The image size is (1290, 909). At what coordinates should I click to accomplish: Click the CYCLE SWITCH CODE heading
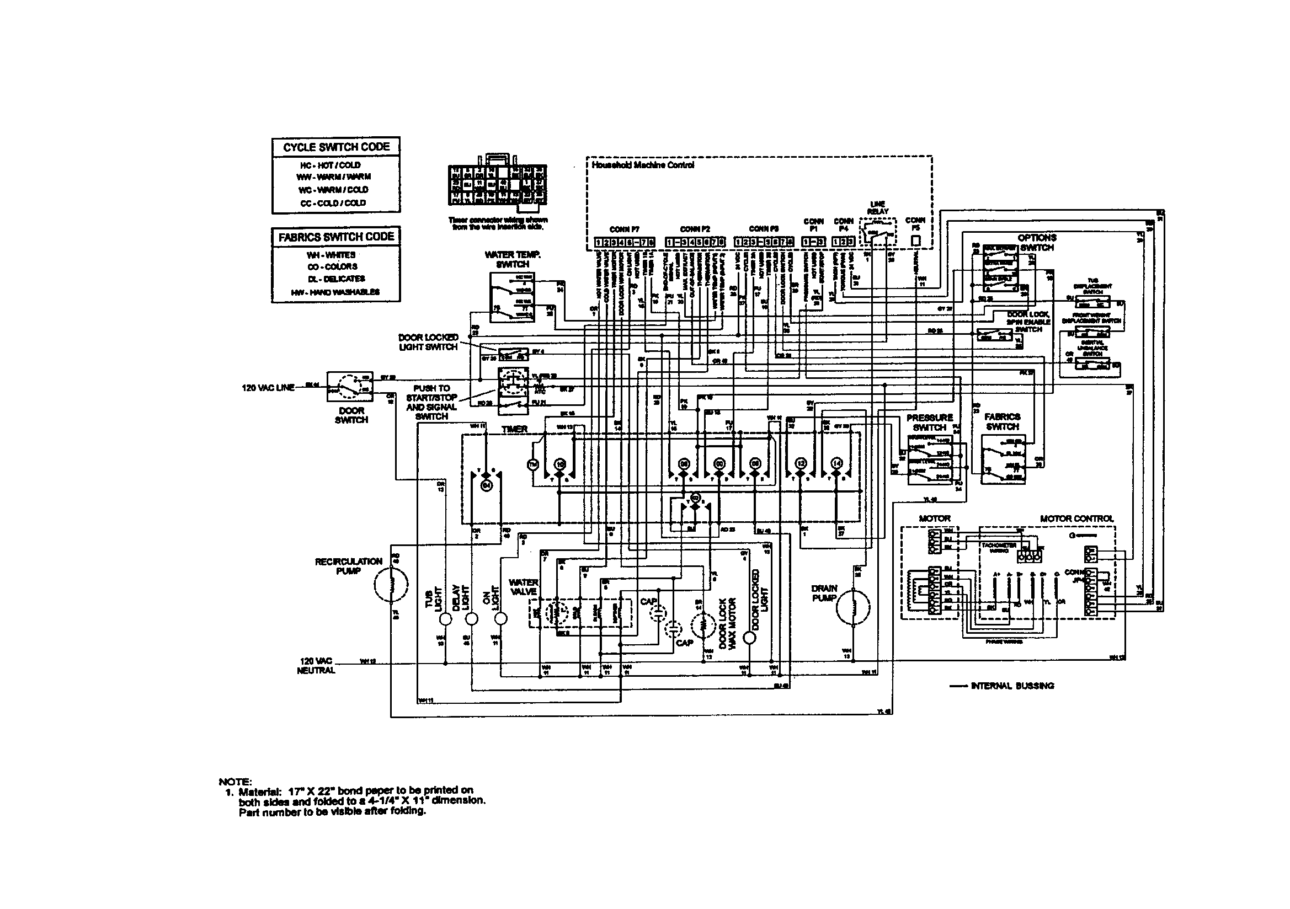tap(336, 147)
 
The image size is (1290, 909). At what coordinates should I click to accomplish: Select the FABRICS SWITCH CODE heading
tap(336, 237)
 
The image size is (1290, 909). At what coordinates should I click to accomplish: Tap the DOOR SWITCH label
tap(351, 415)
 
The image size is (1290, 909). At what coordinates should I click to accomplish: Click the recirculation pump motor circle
tap(392, 584)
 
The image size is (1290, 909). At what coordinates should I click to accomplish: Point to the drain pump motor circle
tap(853, 607)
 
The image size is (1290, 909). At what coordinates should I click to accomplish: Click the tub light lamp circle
tap(445, 619)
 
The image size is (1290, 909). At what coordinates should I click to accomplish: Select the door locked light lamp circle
tap(748, 638)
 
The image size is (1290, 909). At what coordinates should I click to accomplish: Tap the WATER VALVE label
tap(523, 587)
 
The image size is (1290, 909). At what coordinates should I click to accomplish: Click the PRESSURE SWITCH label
tap(930, 423)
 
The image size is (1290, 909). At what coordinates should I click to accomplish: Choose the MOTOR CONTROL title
tap(1076, 518)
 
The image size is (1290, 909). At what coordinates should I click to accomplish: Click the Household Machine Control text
tap(643, 165)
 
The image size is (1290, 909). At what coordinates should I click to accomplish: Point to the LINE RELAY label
tap(877, 207)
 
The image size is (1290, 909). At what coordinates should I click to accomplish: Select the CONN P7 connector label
tap(624, 229)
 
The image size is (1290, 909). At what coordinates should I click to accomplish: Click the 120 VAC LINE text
tap(268, 388)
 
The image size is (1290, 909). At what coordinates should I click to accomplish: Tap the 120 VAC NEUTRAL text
tap(316, 666)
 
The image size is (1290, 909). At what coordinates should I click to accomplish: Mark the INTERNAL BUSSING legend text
tap(1012, 686)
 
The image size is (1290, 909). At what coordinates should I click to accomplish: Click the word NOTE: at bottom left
tap(235, 782)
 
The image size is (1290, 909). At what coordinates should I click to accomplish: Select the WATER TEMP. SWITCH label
tap(513, 259)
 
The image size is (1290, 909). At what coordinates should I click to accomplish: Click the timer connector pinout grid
tap(497, 184)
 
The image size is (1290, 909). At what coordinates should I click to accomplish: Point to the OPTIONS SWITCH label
tap(1037, 242)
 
